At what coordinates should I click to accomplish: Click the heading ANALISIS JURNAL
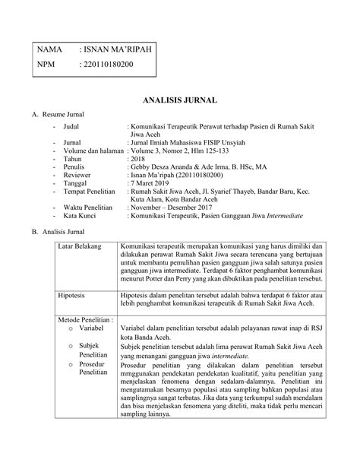point(180,100)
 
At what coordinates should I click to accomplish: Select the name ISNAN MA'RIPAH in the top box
point(115,49)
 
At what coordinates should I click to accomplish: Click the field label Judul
point(73,124)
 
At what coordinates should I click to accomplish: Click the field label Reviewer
point(80,176)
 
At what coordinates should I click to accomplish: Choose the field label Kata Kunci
point(83,216)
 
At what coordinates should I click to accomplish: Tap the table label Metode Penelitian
point(85,320)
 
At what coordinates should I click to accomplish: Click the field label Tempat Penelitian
point(92,193)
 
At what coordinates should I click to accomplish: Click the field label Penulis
point(76,166)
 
